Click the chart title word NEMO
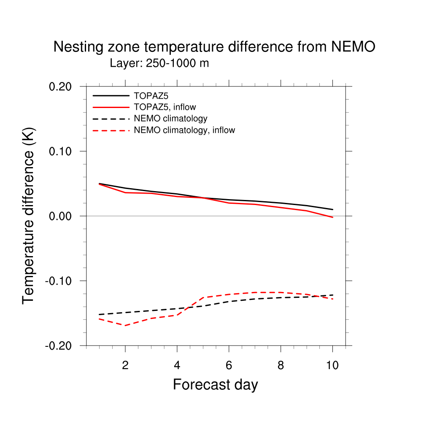pos(353,47)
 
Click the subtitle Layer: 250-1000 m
pos(159,64)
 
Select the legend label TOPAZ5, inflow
pos(165,107)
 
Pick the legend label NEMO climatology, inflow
pos(184,130)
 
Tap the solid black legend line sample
pos(111,95)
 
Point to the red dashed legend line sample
pos(111,130)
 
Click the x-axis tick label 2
pos(125,366)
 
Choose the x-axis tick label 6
pos(229,366)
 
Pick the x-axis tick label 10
pos(332,366)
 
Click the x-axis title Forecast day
pos(215,385)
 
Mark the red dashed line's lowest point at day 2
pos(125,325)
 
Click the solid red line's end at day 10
pos(333,217)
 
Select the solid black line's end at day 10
pos(333,209)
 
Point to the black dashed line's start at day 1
pos(99,314)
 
